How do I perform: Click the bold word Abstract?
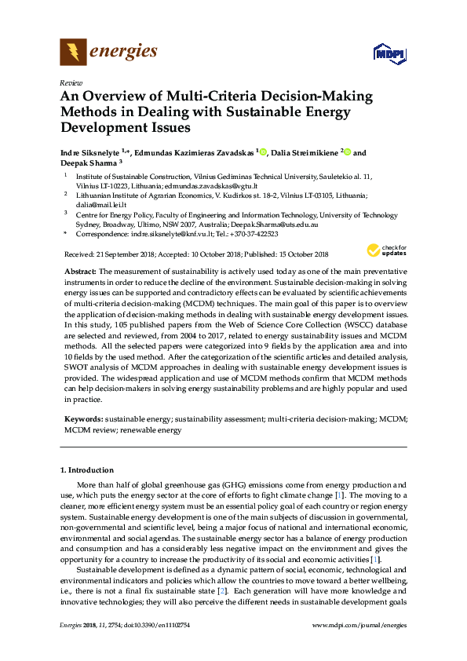(81, 269)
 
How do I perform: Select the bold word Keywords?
(83, 420)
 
